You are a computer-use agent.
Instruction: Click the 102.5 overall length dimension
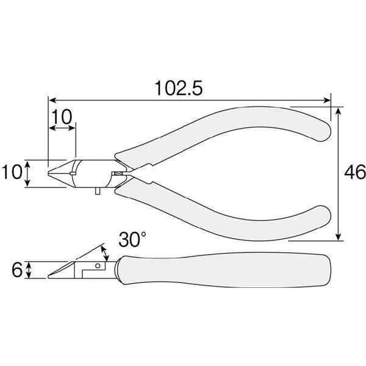pos(179,88)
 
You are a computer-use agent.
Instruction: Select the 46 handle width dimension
pos(355,172)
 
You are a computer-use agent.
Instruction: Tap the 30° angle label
pos(132,239)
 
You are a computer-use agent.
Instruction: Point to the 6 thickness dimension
pos(17,270)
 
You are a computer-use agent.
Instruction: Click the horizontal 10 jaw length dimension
pos(62,117)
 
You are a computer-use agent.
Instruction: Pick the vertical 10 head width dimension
pos(12,172)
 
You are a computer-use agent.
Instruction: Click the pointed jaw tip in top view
pos(49,173)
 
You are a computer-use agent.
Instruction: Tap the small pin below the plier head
pos(98,191)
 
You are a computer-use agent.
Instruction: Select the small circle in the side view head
pos(98,265)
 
